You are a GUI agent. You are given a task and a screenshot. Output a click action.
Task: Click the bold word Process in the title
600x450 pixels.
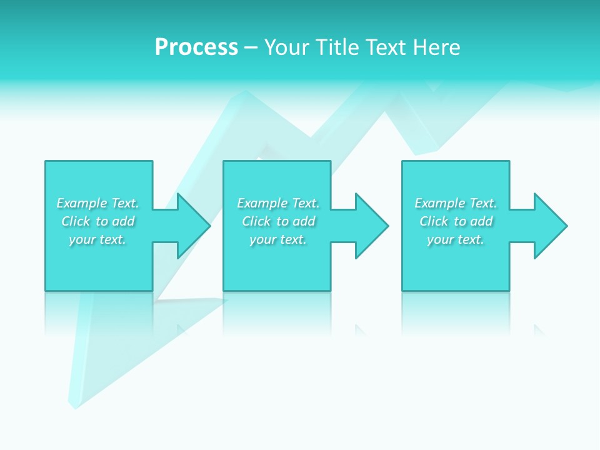point(196,47)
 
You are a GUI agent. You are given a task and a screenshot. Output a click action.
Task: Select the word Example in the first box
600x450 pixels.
point(82,203)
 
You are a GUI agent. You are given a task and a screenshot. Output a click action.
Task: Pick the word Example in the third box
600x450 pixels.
point(440,203)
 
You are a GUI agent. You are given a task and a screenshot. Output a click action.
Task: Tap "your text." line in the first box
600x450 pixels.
point(97,239)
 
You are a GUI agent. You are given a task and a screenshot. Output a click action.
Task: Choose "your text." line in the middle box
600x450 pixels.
point(277,239)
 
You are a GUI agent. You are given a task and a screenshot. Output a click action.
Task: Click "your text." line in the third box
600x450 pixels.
point(456,239)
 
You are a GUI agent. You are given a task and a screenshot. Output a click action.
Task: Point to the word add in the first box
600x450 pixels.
point(123,221)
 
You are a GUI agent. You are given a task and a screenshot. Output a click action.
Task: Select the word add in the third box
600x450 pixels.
point(481,221)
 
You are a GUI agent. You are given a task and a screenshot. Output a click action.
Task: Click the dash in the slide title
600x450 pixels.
point(251,47)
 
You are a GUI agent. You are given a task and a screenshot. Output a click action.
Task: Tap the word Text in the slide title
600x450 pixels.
point(384,47)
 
